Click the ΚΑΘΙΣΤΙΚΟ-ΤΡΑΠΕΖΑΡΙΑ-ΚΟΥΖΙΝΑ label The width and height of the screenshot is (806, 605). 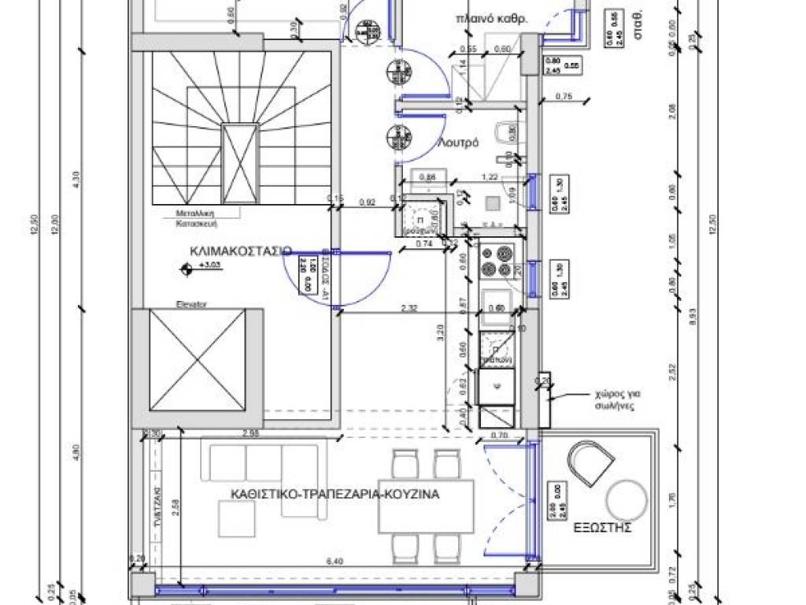coord(335,495)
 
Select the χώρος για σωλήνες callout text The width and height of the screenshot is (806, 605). coord(615,399)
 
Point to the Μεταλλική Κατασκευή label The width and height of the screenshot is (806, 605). coord(197,217)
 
